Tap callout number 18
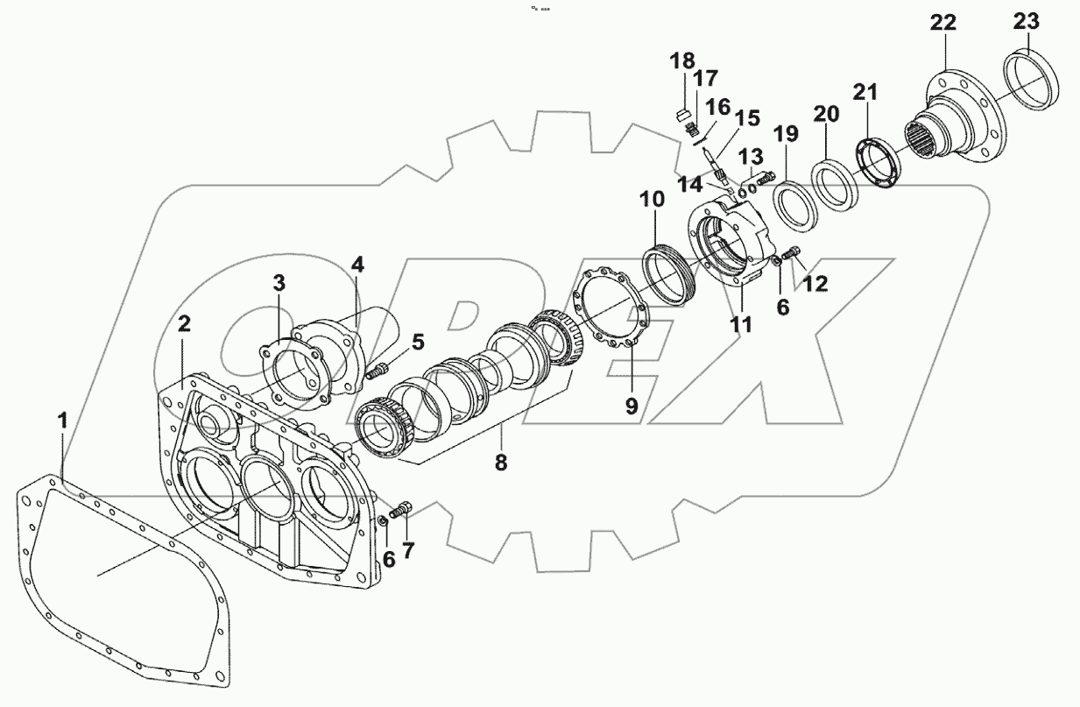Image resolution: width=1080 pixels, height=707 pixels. coord(681,61)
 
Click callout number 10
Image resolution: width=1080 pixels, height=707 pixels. coord(652,201)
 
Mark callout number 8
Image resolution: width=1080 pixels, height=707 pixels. coord(500,463)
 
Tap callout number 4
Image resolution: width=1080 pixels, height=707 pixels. coord(357,265)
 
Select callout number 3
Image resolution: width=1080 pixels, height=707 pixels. coord(278,283)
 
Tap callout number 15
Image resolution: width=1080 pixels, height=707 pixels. coord(747,118)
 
